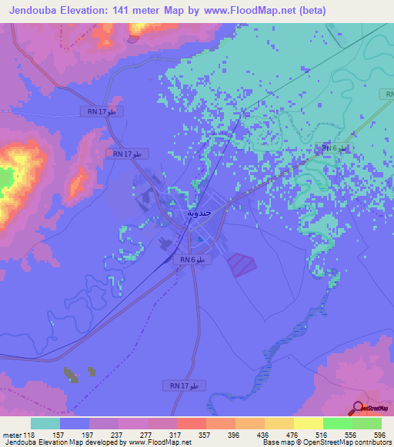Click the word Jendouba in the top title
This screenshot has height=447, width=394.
[37, 11]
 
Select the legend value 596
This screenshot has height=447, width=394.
[379, 435]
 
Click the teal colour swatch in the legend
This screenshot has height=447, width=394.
[45, 423]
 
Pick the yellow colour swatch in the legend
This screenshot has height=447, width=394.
[308, 423]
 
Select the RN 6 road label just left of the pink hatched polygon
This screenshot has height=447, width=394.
[192, 260]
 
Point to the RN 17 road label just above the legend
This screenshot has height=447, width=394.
[183, 384]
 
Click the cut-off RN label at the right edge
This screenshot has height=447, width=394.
[386, 94]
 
